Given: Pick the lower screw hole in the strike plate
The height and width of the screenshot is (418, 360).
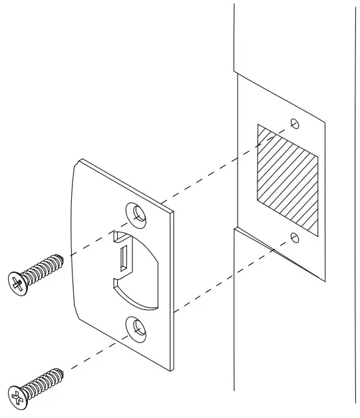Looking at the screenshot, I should (138, 326).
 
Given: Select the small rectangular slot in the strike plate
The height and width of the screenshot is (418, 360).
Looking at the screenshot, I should (124, 256).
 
